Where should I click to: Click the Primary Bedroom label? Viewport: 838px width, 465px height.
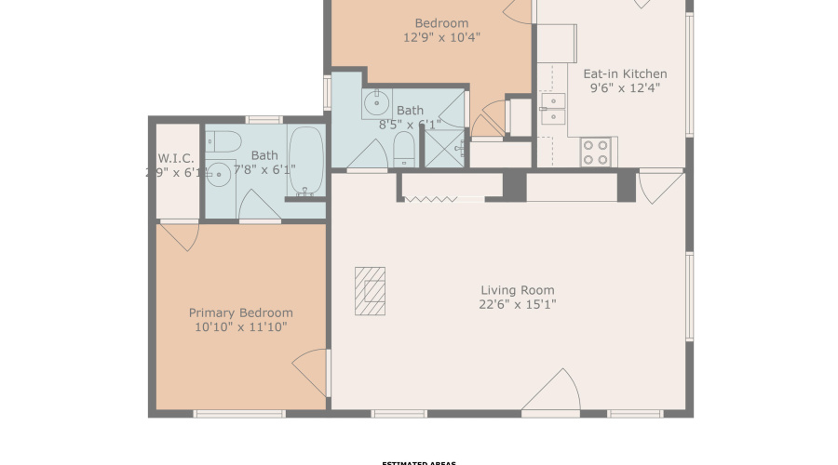tap(240, 313)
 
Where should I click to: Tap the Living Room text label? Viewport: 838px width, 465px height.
tap(518, 290)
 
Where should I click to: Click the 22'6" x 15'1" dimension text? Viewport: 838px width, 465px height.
tap(518, 304)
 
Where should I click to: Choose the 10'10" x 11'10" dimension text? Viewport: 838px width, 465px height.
tap(240, 327)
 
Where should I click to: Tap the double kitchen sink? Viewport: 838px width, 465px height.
tap(553, 108)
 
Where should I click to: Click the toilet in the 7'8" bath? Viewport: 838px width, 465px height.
tap(223, 141)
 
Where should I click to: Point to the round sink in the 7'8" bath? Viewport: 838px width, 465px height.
tap(220, 174)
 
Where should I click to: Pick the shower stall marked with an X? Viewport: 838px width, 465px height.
tap(443, 147)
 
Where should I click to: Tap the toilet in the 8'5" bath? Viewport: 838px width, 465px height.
tap(404, 149)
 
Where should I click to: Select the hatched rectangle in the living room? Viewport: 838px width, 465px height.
tap(370, 291)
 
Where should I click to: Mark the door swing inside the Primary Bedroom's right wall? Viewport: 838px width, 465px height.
tap(313, 372)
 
